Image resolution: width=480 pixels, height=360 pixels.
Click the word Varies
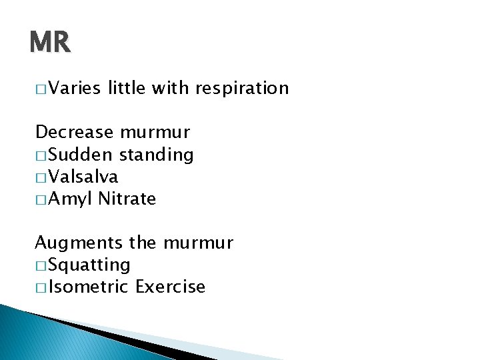tap(74, 88)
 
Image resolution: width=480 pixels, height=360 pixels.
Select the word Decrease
tap(75, 133)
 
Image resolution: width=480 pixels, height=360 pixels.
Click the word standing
tap(156, 155)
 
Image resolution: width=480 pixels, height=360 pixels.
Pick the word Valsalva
tap(83, 177)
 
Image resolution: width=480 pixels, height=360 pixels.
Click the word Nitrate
tap(127, 199)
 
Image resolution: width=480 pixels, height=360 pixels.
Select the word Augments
tap(79, 243)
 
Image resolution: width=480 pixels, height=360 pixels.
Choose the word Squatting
tap(89, 265)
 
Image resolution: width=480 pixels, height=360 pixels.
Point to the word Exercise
tap(170, 287)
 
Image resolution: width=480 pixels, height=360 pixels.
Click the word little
tap(126, 88)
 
